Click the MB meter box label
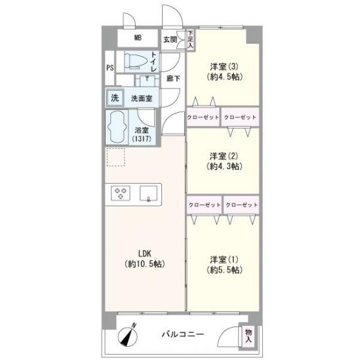click(x=138, y=37)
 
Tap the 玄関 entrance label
click(x=170, y=40)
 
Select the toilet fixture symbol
click(x=136, y=61)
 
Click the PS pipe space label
click(x=110, y=68)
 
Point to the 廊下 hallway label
click(x=173, y=79)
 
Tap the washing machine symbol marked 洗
click(x=115, y=98)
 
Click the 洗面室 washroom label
click(x=142, y=98)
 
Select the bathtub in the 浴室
click(x=117, y=127)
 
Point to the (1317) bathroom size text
click(x=142, y=138)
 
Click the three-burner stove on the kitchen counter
click(x=121, y=193)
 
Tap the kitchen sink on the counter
click(x=149, y=193)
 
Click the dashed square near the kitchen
click(x=115, y=157)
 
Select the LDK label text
click(x=145, y=254)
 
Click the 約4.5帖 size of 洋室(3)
click(x=224, y=77)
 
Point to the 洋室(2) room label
click(x=224, y=156)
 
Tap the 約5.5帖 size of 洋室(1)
click(x=224, y=270)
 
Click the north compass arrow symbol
click(x=128, y=336)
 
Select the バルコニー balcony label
click(x=183, y=334)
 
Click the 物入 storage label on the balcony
click(x=248, y=336)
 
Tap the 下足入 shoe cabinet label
click(x=190, y=39)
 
